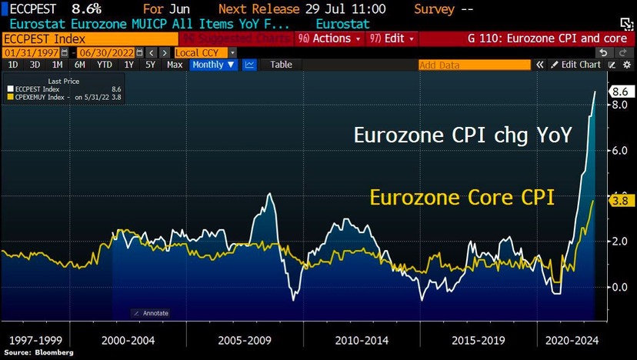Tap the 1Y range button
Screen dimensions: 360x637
tap(129, 65)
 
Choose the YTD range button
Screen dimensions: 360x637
tap(105, 65)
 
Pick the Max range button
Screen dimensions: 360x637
tap(175, 65)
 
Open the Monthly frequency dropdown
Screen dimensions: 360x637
tap(213, 65)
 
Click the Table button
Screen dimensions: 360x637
tap(281, 65)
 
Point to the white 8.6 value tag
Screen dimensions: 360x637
tap(620, 92)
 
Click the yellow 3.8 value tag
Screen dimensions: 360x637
tap(620, 201)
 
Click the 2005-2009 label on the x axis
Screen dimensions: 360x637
tap(244, 338)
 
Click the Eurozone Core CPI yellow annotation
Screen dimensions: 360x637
tap(462, 198)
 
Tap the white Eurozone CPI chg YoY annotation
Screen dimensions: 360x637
tap(462, 135)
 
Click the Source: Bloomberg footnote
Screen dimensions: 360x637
tap(38, 352)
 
